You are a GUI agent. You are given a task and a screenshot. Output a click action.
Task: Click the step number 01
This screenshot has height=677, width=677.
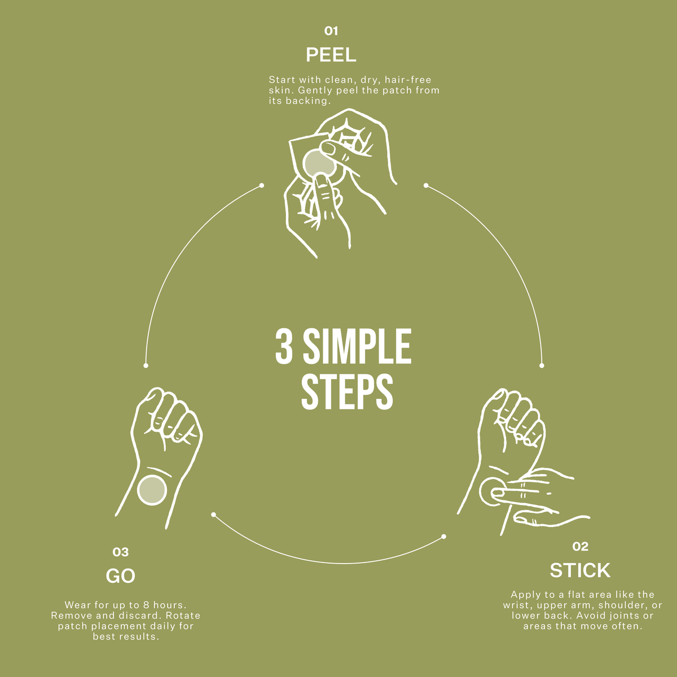[x=331, y=31]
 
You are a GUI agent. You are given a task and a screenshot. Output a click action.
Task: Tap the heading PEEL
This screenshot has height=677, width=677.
[x=331, y=55]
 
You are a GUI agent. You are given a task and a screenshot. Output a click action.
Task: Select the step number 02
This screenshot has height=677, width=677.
[x=580, y=546]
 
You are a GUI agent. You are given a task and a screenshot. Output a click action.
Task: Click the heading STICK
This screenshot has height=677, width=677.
[x=580, y=570]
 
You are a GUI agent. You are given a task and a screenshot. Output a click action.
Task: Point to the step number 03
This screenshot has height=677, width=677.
[x=121, y=552]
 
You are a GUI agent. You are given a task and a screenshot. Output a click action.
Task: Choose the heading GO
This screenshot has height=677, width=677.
[x=121, y=576]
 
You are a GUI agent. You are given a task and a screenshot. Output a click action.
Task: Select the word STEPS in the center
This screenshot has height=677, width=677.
[x=347, y=392]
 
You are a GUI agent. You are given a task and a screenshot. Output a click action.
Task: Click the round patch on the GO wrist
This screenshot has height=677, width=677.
[x=152, y=490]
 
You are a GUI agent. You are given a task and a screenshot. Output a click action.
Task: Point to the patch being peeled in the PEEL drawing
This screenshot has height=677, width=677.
[x=319, y=164]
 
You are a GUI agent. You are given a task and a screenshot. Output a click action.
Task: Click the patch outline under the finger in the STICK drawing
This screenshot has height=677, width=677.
[x=490, y=492]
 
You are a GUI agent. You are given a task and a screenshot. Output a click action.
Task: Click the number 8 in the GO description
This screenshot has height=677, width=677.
[x=147, y=605]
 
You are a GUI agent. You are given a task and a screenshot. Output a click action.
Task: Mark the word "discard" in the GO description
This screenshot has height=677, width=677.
[x=141, y=616]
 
